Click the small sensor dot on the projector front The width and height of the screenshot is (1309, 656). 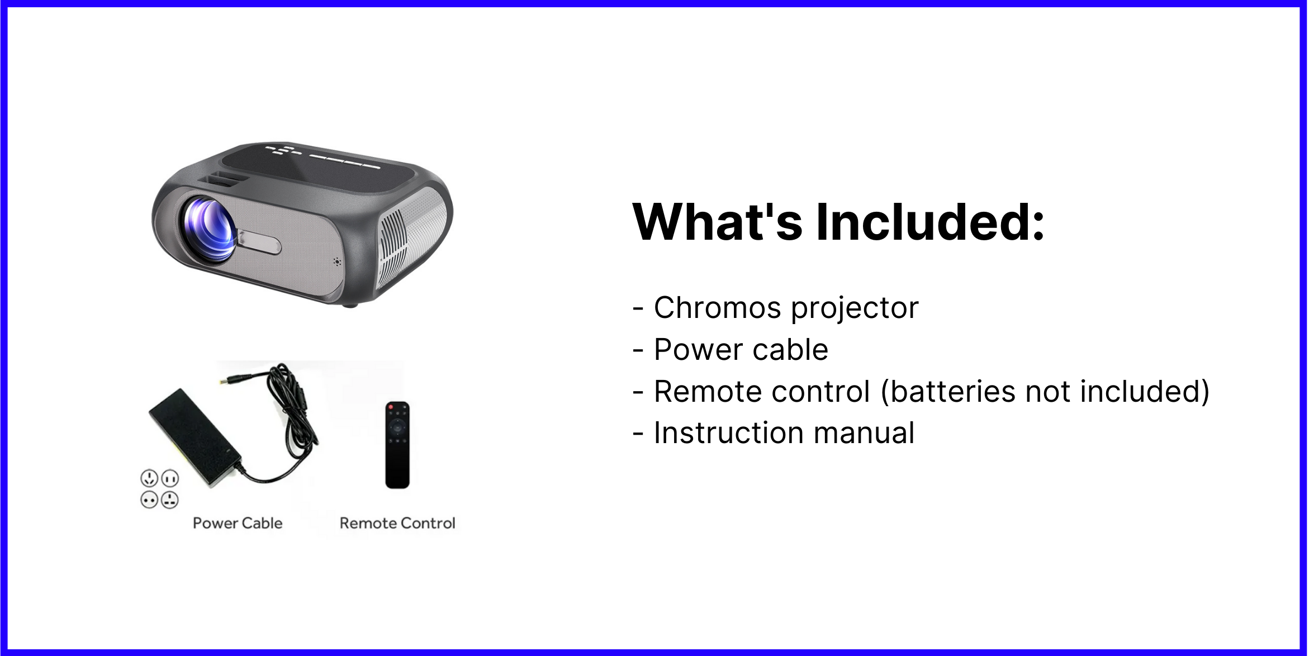coord(337,261)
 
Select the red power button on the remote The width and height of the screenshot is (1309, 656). coord(391,406)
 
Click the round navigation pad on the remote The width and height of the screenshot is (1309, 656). coord(397,429)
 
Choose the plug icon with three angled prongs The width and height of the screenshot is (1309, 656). coord(149,478)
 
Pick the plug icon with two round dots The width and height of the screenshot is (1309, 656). coord(149,500)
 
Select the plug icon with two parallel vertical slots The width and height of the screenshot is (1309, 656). coord(170,478)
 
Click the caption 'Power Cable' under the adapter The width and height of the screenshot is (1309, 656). coord(238,523)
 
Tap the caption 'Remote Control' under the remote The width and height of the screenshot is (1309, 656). coord(397,523)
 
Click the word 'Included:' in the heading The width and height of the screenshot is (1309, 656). coord(931,222)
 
